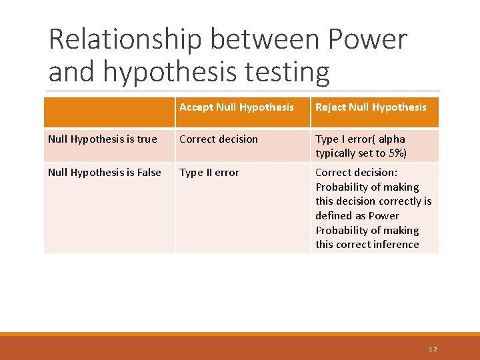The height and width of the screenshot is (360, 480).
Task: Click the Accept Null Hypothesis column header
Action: (237, 107)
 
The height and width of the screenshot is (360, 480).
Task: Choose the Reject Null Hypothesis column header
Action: (371, 107)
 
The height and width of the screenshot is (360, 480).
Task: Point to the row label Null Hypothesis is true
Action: (103, 139)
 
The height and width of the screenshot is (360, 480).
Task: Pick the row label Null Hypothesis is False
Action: (105, 173)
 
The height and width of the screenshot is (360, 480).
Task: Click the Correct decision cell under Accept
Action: (219, 139)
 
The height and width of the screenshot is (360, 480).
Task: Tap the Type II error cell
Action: (209, 173)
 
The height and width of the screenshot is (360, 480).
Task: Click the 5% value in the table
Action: (398, 153)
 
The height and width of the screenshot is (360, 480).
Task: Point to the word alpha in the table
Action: (391, 139)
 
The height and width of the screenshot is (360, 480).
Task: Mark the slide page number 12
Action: (433, 349)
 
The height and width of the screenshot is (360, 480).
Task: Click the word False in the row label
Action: (149, 173)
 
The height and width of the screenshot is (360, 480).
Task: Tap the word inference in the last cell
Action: (395, 245)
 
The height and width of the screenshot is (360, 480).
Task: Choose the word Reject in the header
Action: (331, 107)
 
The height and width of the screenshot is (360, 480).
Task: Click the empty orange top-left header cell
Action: (109, 112)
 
